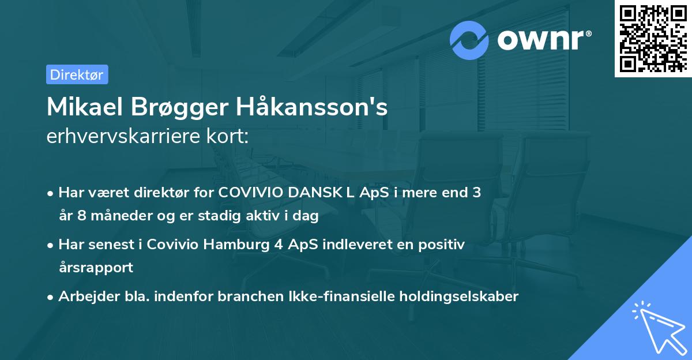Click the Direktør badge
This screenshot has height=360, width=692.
pos(77,74)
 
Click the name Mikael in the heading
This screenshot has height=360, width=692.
pos(86,107)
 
